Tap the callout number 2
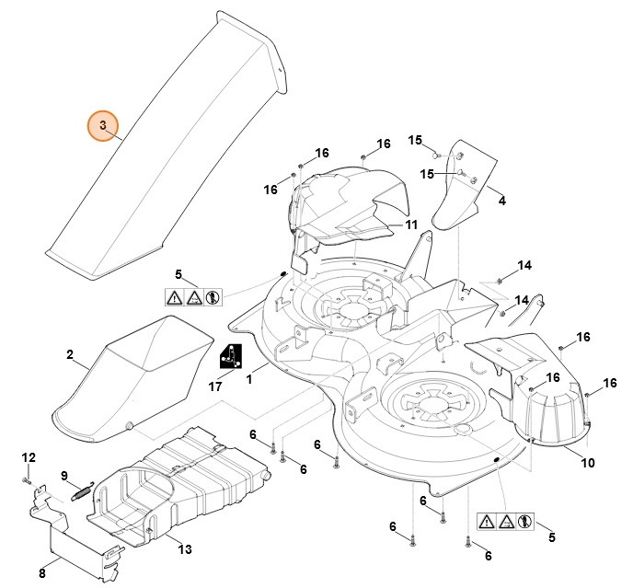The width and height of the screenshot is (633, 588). (x=70, y=354)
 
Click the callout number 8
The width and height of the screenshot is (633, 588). (x=42, y=573)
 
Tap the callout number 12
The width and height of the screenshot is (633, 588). (x=28, y=457)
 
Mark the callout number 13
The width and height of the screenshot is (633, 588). (x=185, y=549)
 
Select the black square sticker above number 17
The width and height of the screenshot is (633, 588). (x=231, y=356)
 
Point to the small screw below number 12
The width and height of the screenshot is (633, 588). (x=28, y=479)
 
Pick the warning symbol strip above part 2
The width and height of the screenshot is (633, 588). (x=191, y=298)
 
